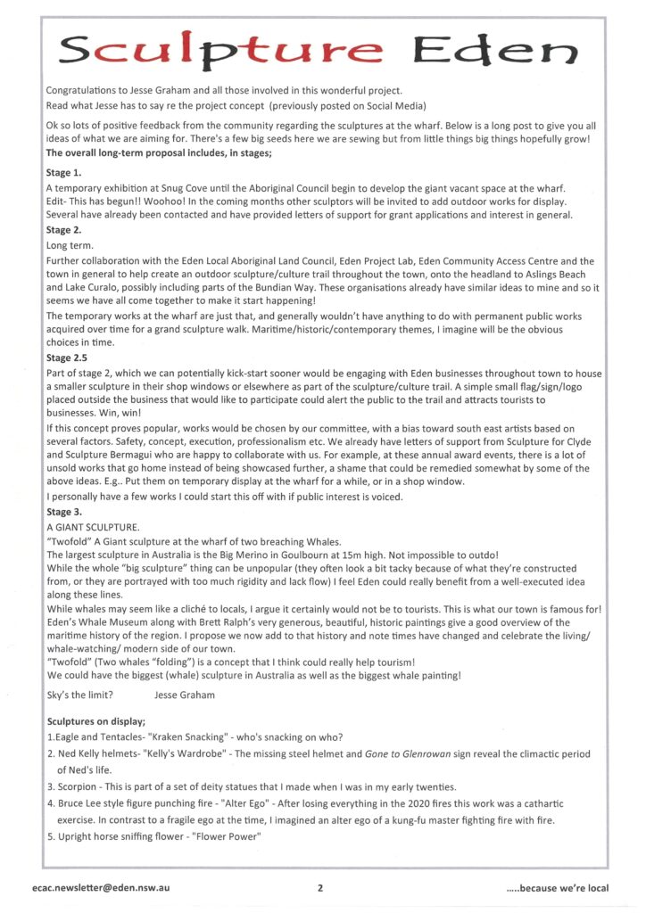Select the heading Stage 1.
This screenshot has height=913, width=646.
[63, 173]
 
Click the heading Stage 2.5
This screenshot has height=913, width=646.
[68, 358]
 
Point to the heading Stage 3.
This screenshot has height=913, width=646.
[63, 512]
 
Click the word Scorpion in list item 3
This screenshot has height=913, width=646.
[79, 787]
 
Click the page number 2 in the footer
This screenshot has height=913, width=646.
[319, 887]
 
